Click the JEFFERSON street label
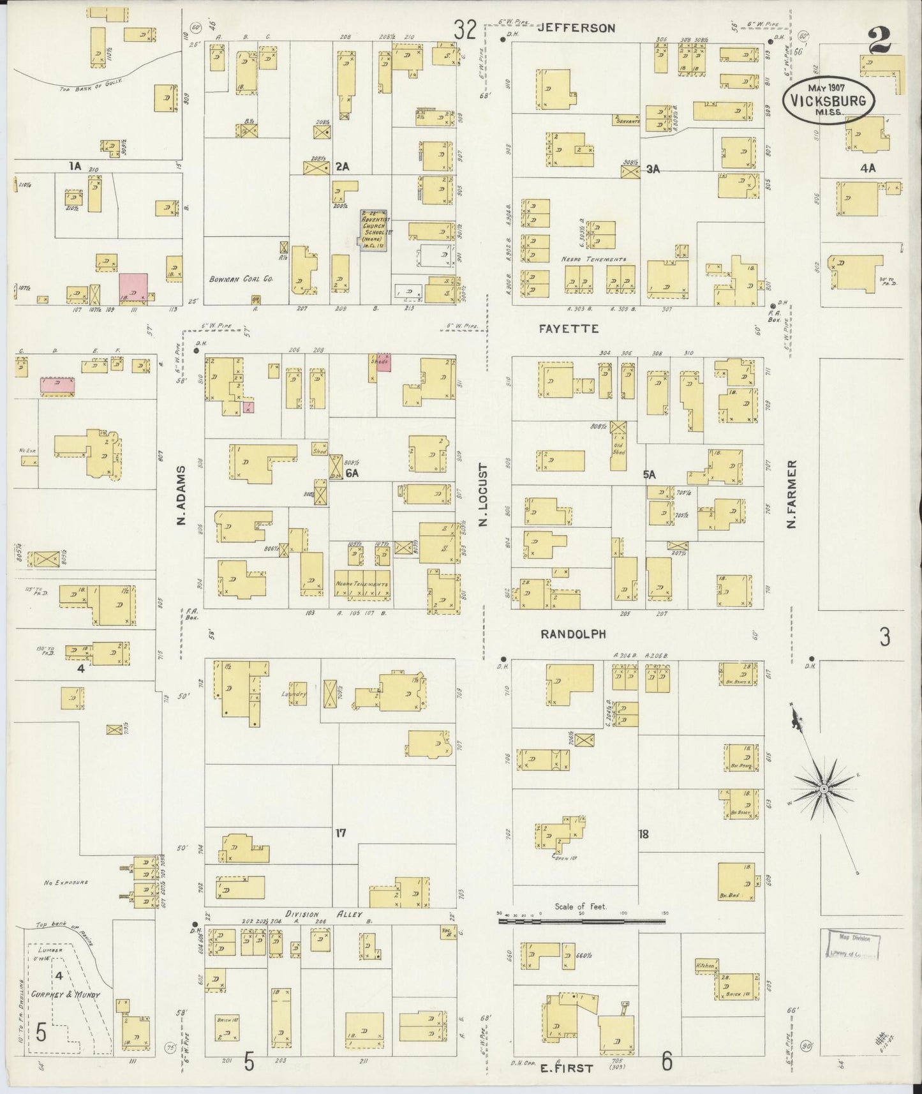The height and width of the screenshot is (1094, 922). [576, 28]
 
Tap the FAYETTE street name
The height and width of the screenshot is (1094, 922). [569, 329]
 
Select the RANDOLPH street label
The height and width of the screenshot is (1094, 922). [572, 634]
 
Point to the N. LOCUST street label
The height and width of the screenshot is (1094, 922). [483, 495]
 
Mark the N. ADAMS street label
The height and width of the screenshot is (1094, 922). [181, 495]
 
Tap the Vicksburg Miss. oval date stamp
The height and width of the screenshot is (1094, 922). [828, 100]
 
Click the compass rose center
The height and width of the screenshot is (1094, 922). [824, 790]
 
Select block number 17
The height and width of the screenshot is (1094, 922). [340, 833]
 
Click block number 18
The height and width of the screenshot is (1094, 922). [643, 834]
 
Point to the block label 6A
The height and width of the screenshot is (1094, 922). [352, 473]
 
